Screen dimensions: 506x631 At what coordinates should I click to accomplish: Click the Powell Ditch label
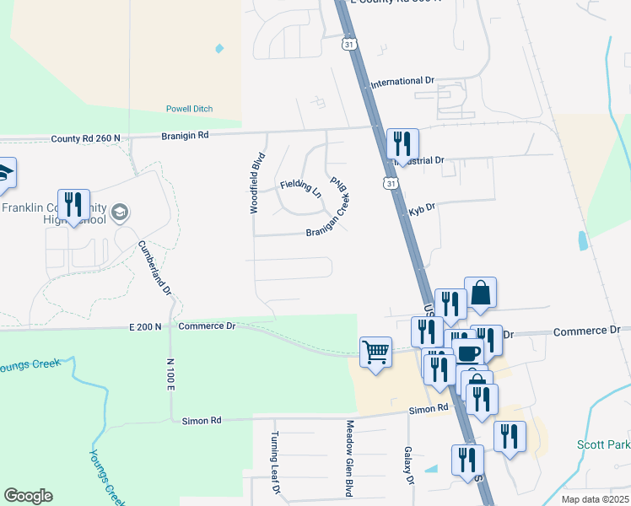(x=189, y=109)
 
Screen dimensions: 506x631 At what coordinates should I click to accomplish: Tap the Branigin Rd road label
(x=186, y=135)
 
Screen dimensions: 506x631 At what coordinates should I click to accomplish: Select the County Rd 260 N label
(x=85, y=138)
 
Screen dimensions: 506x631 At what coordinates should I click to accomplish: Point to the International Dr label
(x=402, y=82)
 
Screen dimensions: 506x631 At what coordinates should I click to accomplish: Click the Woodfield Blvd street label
(x=253, y=182)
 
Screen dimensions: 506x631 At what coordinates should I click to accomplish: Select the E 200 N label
(x=145, y=326)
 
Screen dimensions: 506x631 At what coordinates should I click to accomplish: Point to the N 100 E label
(x=170, y=370)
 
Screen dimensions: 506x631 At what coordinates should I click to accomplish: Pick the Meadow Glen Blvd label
(x=348, y=458)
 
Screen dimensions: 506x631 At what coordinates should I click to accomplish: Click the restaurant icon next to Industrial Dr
(x=402, y=143)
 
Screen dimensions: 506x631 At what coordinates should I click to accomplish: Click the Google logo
(x=28, y=496)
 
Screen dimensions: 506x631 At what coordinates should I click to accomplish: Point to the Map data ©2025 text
(x=595, y=499)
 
